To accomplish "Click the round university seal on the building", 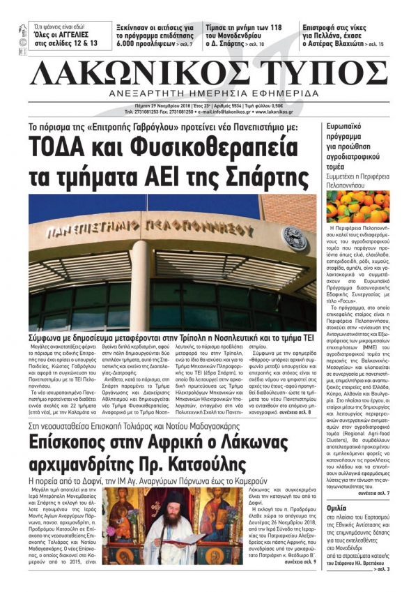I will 296,235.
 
